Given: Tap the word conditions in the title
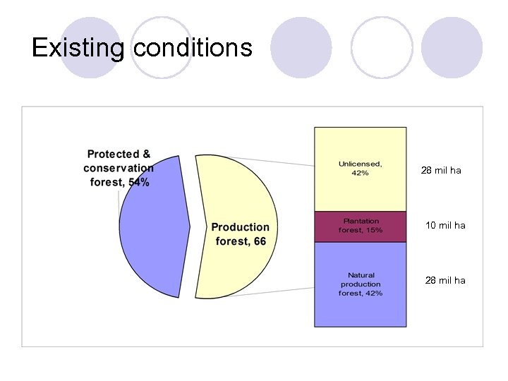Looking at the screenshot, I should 192,47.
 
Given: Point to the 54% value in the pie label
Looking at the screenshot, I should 138,182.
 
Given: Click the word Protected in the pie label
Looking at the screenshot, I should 113,154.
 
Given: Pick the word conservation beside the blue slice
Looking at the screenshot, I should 118,168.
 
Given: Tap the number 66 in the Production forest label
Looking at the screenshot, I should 260,241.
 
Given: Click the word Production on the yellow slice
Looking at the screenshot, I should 240,227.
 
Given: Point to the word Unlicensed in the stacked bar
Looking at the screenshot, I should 360,164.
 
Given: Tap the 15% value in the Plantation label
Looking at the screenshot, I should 374,231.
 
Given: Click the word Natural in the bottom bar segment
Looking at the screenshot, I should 361,275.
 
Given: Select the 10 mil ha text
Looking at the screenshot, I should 445,226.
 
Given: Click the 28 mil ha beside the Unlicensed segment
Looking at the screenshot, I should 441,170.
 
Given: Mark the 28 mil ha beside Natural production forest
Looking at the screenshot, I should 445,280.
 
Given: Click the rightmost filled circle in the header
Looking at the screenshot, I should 452,48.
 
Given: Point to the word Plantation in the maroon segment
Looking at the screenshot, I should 361,221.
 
